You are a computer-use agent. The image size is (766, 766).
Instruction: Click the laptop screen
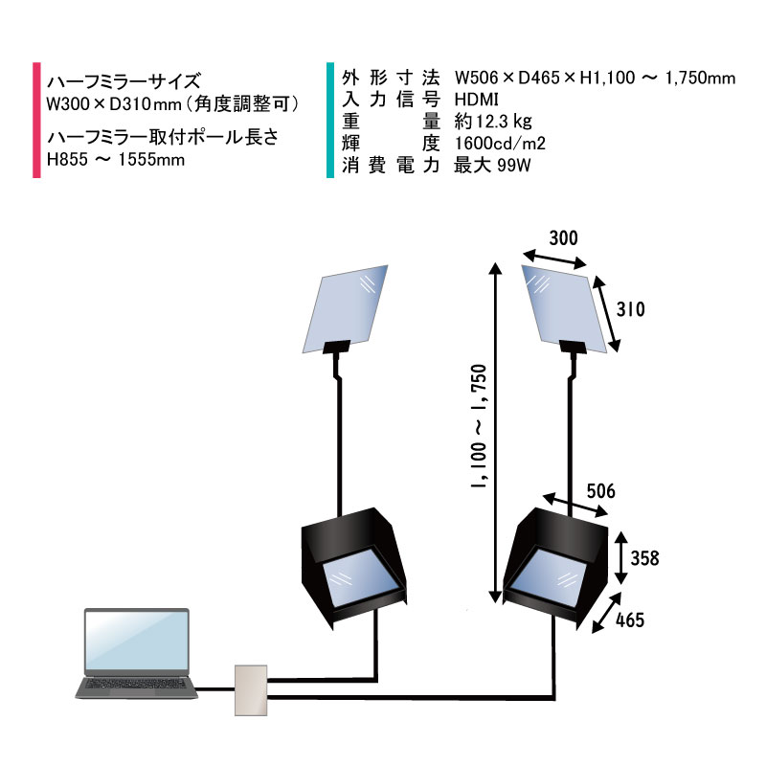[x=137, y=641]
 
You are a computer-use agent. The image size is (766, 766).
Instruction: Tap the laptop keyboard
[x=136, y=684]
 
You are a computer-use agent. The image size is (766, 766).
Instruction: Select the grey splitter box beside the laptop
[x=251, y=690]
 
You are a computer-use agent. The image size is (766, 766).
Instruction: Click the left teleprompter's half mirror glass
[x=346, y=308]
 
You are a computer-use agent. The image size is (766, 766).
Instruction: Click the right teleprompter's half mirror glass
[x=564, y=308]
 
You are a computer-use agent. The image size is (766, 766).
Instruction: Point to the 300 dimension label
[x=563, y=238]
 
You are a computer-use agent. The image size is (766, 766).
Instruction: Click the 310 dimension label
[x=630, y=309]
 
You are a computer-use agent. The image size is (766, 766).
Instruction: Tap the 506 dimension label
[x=600, y=491]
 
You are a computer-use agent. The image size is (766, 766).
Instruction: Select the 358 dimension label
[x=644, y=558]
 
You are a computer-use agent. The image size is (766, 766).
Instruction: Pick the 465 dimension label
[x=630, y=620]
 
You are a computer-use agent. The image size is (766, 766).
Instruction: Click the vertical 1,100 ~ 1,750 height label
[x=479, y=426]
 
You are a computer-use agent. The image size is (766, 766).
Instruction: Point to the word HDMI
[x=476, y=100]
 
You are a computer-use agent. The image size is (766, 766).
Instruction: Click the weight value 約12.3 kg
[x=493, y=122]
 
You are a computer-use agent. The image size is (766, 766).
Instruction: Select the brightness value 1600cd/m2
[x=500, y=143]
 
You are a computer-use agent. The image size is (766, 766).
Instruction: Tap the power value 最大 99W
[x=492, y=166]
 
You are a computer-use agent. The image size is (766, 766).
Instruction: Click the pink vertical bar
[x=36, y=121]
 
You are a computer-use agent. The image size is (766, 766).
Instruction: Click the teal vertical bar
[x=330, y=121]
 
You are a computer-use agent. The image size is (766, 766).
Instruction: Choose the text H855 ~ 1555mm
[x=116, y=160]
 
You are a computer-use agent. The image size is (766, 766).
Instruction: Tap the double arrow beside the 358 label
[x=620, y=558]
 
